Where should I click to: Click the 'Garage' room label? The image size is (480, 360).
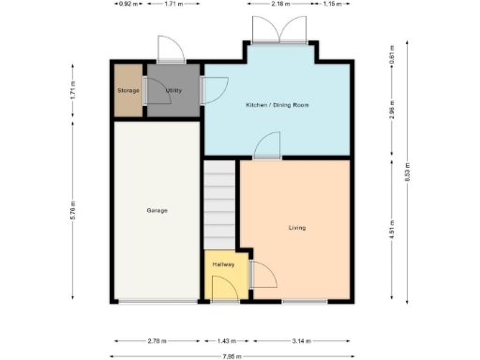click(x=157, y=210)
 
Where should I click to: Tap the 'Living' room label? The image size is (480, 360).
click(x=297, y=228)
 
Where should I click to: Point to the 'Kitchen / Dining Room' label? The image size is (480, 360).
click(x=277, y=105)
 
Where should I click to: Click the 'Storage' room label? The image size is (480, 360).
click(x=127, y=90)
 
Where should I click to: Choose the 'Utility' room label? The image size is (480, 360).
click(x=173, y=90)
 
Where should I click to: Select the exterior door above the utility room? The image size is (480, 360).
click(x=169, y=49)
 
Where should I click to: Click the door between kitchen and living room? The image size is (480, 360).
click(x=267, y=146)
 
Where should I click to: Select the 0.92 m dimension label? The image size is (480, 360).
click(x=127, y=5)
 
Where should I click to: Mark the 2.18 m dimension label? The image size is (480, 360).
click(x=280, y=5)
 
